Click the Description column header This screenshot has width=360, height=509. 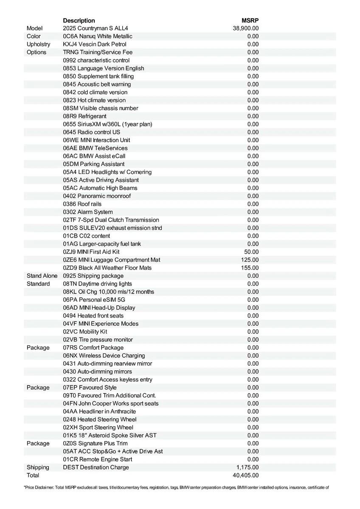click(x=79, y=20)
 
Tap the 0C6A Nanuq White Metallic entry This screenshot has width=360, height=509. click(x=98, y=36)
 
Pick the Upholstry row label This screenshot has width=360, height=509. click(x=38, y=44)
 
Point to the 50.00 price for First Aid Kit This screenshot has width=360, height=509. click(x=251, y=252)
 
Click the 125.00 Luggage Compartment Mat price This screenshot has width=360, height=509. click(x=250, y=260)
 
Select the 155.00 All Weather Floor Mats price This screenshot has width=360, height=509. click(x=250, y=268)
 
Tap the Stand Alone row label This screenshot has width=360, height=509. click(x=42, y=276)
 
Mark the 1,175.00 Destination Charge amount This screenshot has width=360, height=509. click(x=247, y=467)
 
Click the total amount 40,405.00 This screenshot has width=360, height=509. click(x=246, y=475)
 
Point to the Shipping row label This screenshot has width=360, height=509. click(x=38, y=467)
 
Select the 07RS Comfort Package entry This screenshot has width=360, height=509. click(x=98, y=348)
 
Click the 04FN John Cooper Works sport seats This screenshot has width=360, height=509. click(x=111, y=403)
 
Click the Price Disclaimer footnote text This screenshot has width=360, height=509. click(x=176, y=488)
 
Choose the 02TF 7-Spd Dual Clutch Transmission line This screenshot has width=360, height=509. click(x=111, y=220)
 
